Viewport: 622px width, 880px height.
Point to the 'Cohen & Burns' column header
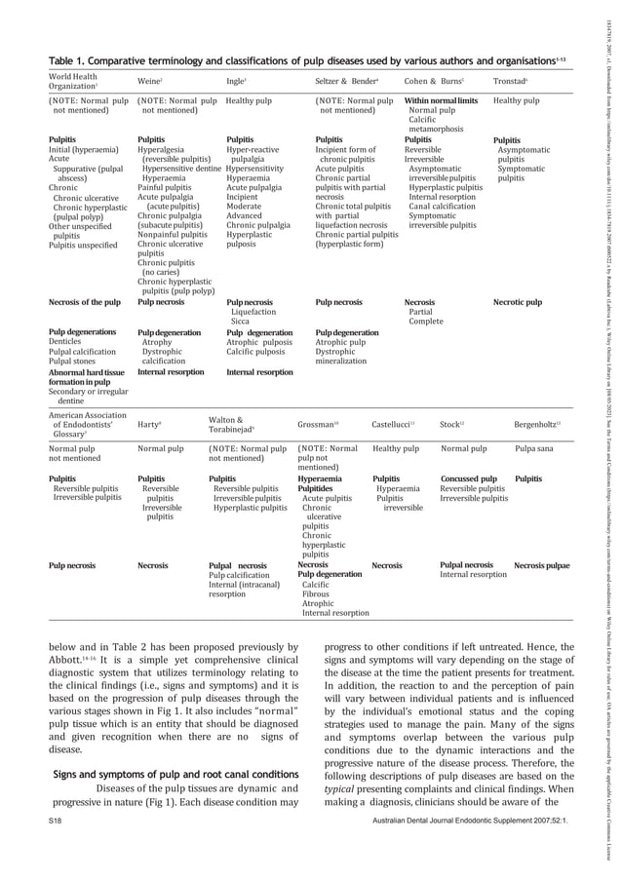click(x=427, y=79)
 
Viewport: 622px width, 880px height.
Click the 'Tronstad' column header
click(x=510, y=79)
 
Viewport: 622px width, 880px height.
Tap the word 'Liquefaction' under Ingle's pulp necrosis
click(x=253, y=312)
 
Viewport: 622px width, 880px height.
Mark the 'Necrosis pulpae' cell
click(x=542, y=565)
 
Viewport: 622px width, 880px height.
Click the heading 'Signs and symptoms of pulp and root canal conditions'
click(x=162, y=748)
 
